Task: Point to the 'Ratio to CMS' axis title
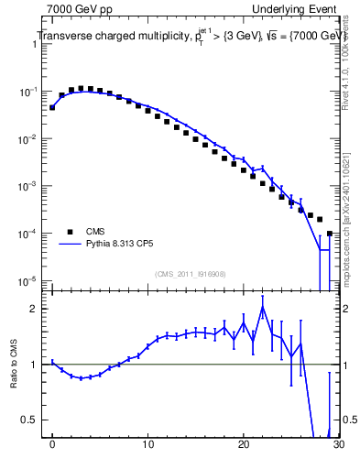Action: [x=14, y=365]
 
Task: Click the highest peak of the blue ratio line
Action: [x=263, y=308]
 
